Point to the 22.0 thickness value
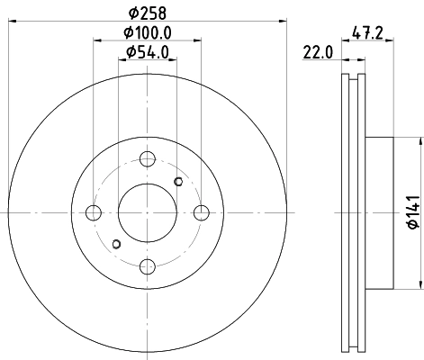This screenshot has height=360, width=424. (319, 52)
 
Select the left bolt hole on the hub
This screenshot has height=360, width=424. (93, 212)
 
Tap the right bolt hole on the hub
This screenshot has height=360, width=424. (201, 212)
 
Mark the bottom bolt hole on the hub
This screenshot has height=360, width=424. (147, 265)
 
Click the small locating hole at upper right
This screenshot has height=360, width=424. (178, 183)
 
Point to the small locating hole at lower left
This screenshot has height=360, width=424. (115, 243)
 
